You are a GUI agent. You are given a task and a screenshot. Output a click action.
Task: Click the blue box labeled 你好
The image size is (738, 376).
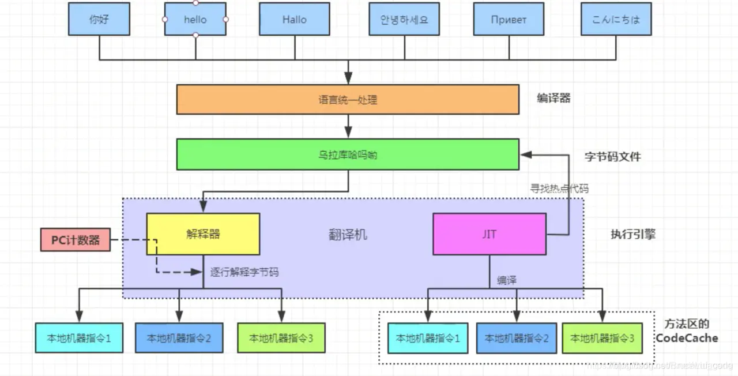point(99,19)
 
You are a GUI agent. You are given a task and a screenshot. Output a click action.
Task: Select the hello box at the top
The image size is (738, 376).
point(195,19)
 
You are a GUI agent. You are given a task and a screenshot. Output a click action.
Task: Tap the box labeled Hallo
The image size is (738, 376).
point(294,19)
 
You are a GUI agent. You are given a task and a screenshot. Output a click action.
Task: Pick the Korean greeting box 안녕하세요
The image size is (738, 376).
point(401,19)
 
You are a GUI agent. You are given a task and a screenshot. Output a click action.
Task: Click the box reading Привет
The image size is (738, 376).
point(509,19)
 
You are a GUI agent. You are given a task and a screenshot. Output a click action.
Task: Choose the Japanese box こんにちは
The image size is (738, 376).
point(616,19)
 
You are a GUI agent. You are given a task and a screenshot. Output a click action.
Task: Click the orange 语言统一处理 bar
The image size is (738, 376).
point(348,100)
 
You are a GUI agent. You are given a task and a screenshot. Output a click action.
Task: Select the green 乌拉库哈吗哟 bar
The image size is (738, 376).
point(348,155)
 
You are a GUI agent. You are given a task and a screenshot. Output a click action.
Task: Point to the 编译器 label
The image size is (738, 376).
point(553,99)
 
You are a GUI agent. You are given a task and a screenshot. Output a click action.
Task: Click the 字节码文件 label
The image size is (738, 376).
point(612,156)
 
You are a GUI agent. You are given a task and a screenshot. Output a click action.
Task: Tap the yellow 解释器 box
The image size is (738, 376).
point(203,234)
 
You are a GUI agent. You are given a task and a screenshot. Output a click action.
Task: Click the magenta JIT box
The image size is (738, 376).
point(489,234)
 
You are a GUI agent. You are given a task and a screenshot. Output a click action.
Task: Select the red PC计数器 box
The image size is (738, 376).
point(75,240)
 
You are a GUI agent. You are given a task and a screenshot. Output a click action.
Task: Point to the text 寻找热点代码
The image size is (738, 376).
point(559,188)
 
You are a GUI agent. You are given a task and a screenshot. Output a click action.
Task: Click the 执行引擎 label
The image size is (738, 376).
point(632,235)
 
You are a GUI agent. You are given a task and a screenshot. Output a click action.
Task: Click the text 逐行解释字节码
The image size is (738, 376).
point(244,272)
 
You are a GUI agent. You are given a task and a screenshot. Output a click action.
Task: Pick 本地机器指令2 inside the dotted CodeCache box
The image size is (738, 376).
point(516,339)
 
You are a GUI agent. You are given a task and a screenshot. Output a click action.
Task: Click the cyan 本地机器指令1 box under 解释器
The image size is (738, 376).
point(78,338)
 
